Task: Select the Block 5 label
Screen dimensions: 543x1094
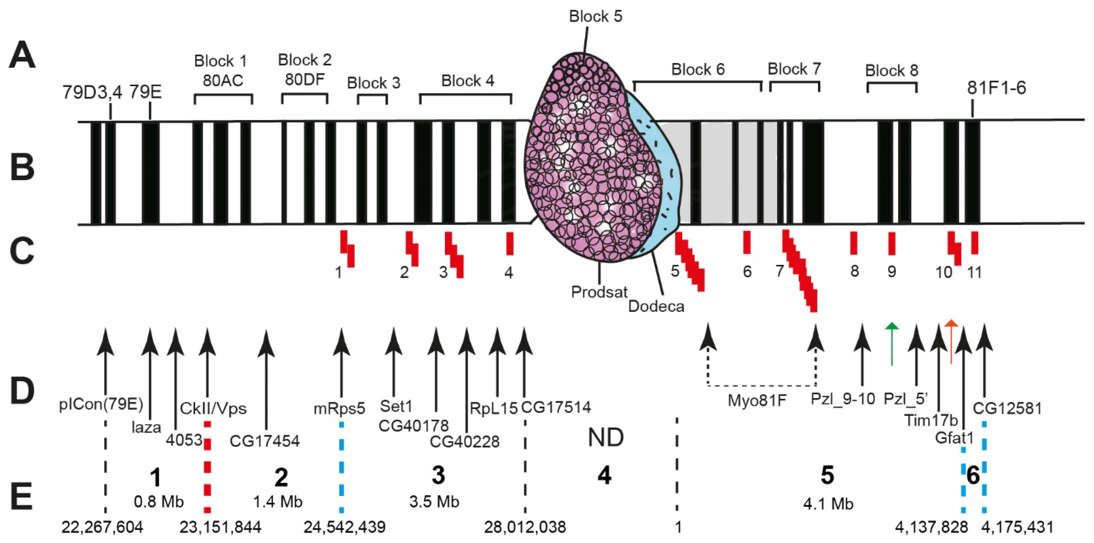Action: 595,16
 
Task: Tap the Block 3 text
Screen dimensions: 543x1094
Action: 373,83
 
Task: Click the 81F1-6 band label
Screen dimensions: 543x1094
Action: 996,88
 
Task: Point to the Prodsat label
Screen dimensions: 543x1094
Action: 599,292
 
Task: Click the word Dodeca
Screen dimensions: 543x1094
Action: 656,306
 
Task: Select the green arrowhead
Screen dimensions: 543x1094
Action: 892,326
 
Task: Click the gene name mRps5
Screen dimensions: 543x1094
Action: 339,408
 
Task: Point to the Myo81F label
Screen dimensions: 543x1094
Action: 757,400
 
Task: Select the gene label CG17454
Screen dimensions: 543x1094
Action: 265,441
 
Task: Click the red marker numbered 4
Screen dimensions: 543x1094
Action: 510,243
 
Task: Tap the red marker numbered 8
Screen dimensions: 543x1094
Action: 854,243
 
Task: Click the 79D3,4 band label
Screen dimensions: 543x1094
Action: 92,92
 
